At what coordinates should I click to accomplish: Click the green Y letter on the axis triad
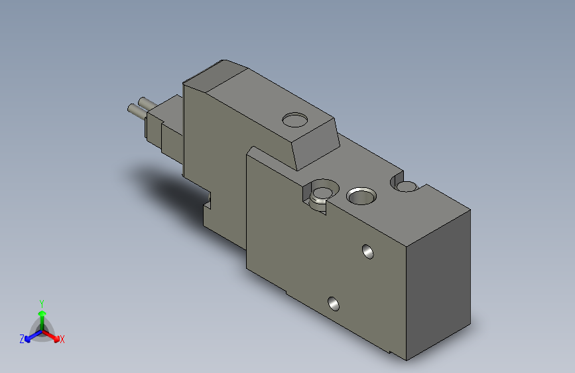click(x=42, y=303)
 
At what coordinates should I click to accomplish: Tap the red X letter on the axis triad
click(x=62, y=339)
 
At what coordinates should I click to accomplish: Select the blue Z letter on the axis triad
click(x=22, y=339)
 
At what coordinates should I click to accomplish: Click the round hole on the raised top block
click(x=295, y=120)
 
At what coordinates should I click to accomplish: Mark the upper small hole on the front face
click(x=367, y=252)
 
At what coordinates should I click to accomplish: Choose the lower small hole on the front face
click(x=334, y=304)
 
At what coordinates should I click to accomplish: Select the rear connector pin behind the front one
click(x=141, y=102)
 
